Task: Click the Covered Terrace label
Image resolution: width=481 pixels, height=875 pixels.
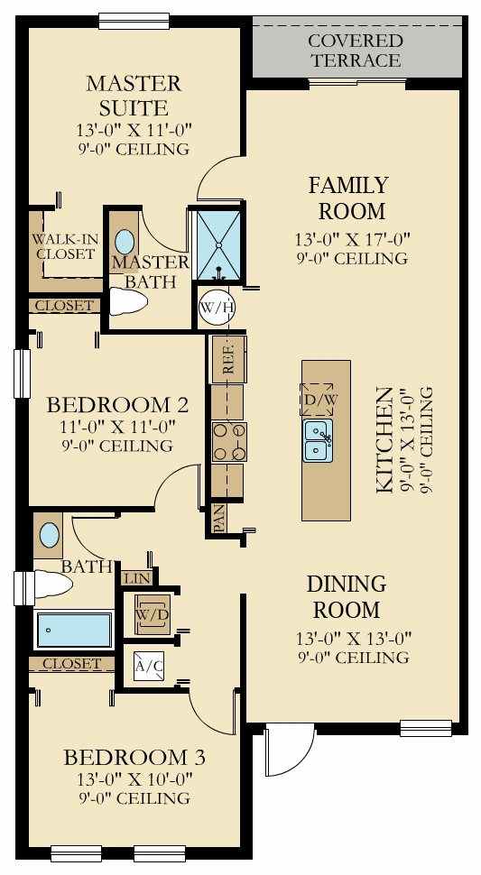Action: click(x=356, y=51)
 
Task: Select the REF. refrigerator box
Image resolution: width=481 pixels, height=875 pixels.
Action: click(x=228, y=359)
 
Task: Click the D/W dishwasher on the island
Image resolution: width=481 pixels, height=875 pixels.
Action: click(x=317, y=399)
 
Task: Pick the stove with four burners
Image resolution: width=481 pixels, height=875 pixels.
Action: click(x=229, y=442)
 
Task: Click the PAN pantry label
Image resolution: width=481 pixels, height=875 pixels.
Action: click(x=218, y=519)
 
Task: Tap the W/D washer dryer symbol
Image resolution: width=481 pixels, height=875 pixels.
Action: click(x=153, y=613)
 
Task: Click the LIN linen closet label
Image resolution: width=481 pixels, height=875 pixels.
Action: click(x=137, y=578)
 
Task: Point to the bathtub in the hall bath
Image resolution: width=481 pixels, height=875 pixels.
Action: click(x=74, y=630)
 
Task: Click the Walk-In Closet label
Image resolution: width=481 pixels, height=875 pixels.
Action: click(x=65, y=246)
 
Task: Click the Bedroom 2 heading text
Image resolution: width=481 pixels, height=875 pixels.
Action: click(x=117, y=404)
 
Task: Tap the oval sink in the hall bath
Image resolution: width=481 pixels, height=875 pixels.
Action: click(x=49, y=536)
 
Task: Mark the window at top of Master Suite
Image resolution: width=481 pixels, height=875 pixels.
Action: click(x=134, y=21)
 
